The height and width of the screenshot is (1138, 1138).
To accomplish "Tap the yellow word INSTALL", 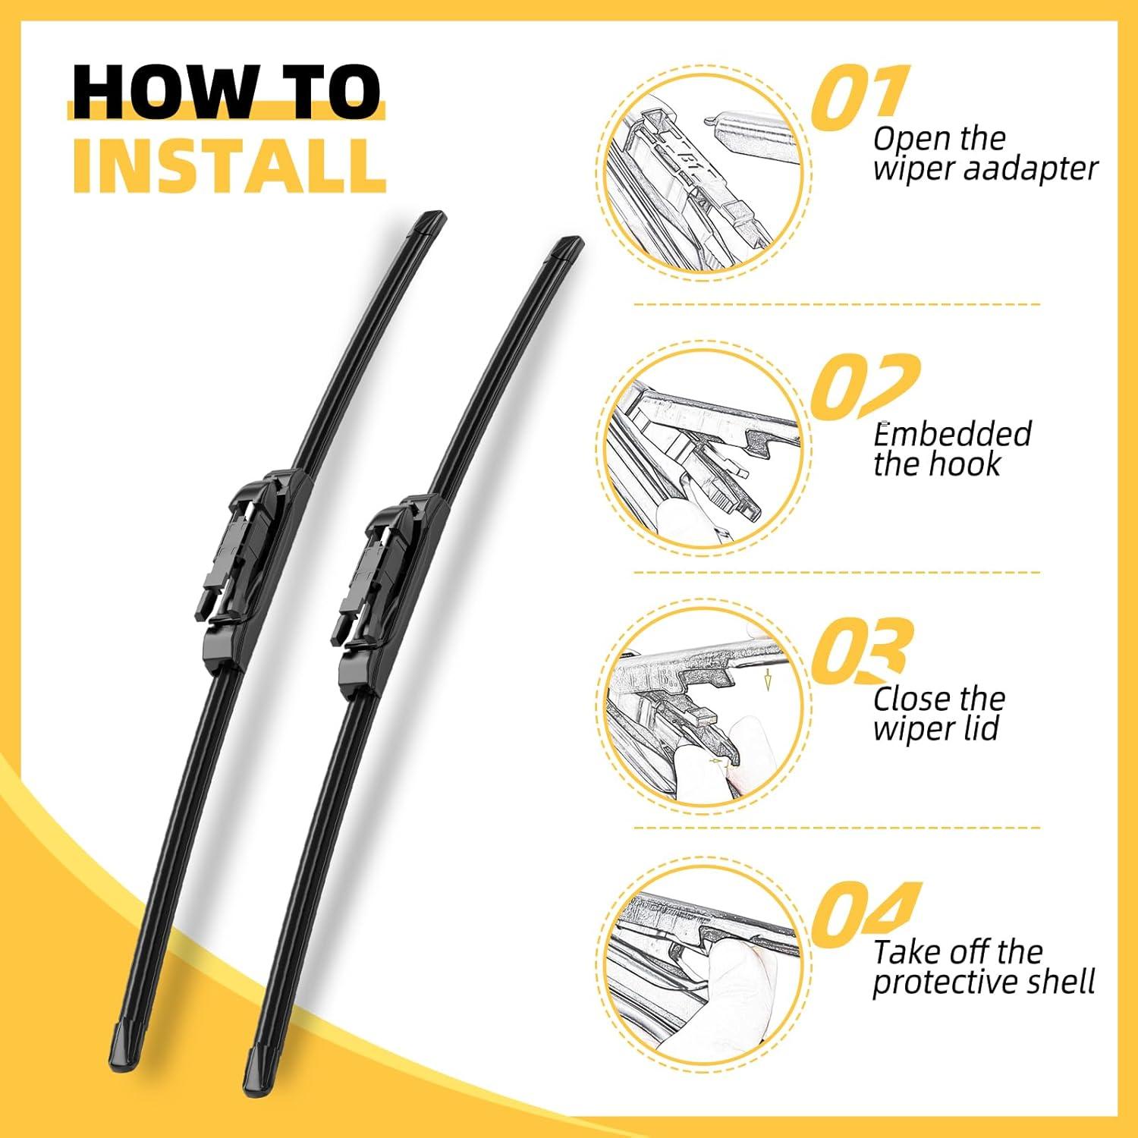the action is (x=229, y=165).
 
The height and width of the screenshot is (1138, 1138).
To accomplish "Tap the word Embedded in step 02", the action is (x=952, y=434).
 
